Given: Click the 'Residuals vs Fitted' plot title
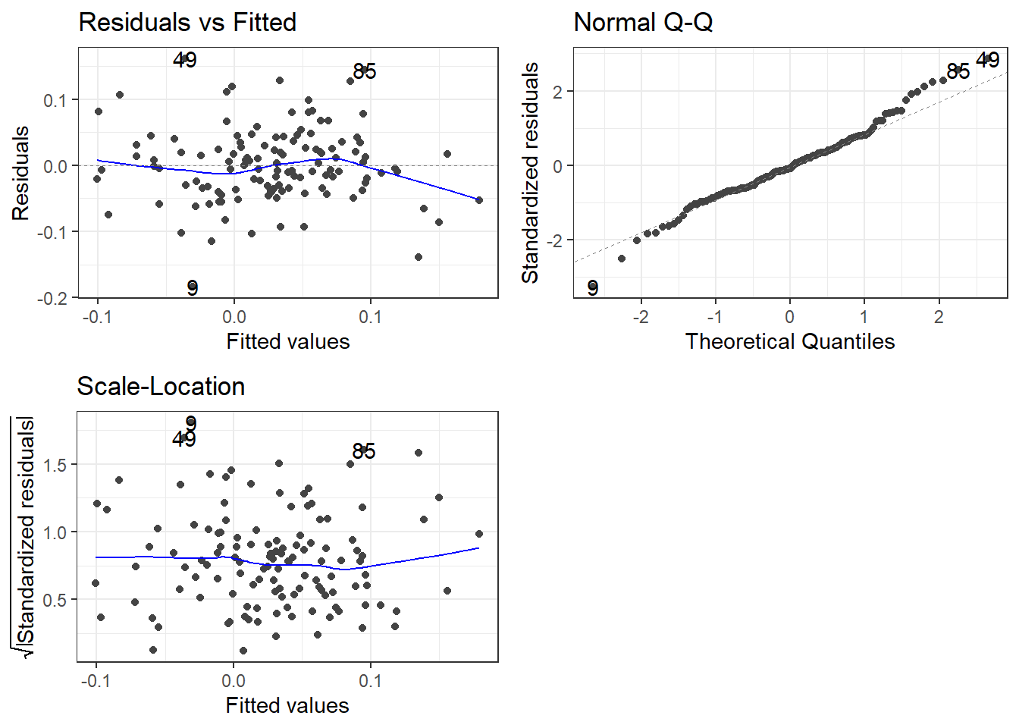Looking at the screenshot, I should (187, 23).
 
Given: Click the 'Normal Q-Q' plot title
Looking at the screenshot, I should (643, 23).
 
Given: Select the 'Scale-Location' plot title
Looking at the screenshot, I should (161, 387).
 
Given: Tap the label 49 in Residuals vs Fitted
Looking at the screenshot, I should (185, 60).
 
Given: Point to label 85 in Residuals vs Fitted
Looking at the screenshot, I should (365, 72).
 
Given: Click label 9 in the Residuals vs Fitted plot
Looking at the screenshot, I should (193, 288).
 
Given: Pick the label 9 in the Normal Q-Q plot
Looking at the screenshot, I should (593, 288).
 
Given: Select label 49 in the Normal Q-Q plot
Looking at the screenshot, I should (988, 60).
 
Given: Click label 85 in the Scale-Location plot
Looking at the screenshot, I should (364, 452).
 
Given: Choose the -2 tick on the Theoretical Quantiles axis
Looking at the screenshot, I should (641, 317).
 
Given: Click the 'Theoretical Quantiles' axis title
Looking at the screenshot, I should (790, 342).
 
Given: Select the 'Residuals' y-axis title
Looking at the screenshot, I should (20, 173).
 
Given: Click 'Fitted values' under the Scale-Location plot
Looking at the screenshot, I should (287, 706).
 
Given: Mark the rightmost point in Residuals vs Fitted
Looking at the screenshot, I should (479, 200).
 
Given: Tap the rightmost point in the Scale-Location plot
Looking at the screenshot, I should (479, 534).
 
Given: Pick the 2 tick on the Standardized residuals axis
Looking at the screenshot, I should (559, 92).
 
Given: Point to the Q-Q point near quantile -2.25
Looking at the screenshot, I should (622, 259).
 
